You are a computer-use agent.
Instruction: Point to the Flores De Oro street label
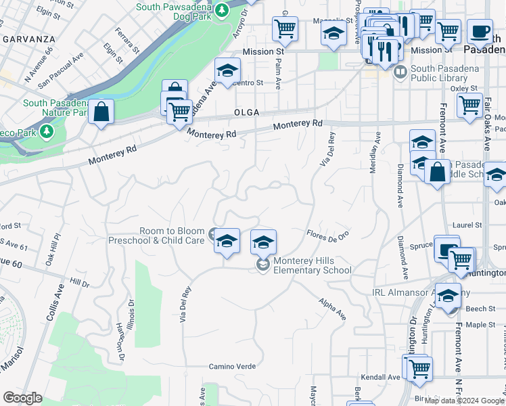[328, 235]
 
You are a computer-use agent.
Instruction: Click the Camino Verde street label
[232, 366]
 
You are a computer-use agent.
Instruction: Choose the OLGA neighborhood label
[247, 112]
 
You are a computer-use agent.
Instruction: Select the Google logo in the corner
[22, 398]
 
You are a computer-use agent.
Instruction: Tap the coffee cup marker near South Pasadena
[480, 31]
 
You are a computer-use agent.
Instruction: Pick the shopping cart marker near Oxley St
[469, 105]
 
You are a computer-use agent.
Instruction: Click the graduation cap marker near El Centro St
[228, 70]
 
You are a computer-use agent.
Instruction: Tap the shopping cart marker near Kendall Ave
[419, 368]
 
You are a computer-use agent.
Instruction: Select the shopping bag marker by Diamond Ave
[438, 172]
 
